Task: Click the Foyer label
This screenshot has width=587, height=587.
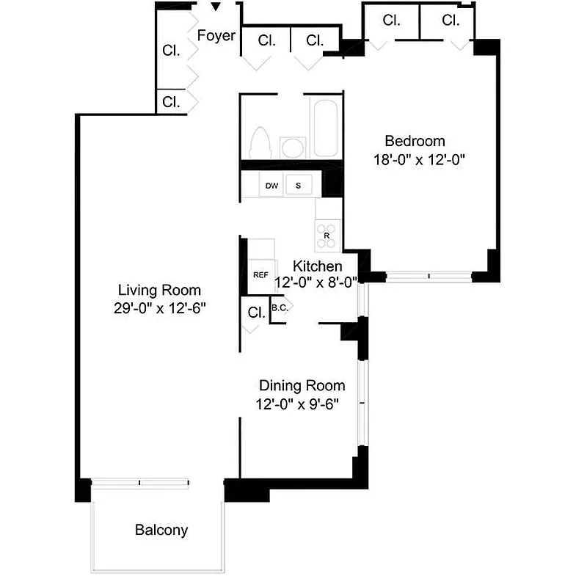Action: coord(216,35)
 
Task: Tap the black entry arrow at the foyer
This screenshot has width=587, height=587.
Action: coord(215,8)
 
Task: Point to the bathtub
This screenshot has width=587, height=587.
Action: coord(324,129)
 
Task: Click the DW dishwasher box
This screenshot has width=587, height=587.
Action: coord(272,186)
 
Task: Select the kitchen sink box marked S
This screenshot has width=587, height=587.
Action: coord(298,186)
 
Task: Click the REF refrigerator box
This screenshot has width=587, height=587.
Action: coord(260,274)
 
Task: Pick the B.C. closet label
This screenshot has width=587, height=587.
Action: coord(279,308)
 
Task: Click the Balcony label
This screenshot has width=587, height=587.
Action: coord(161,530)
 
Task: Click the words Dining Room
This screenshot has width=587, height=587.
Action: coord(302,385)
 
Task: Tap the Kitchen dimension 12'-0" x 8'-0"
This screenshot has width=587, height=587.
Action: coord(316,282)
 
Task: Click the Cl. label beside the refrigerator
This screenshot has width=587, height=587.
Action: coord(255,312)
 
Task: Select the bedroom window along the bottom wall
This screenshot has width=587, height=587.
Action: coord(429,277)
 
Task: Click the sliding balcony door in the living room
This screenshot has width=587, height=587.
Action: coord(140,482)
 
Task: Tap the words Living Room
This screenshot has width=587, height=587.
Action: coord(159,291)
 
